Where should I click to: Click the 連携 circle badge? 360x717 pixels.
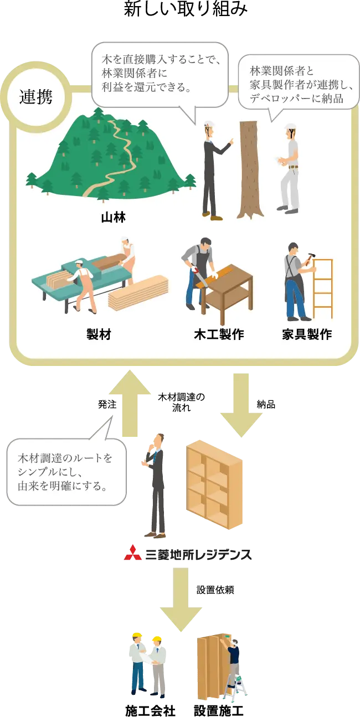click(x=36, y=97)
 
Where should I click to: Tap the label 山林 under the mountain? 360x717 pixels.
click(x=113, y=218)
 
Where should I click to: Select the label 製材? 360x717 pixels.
click(x=99, y=335)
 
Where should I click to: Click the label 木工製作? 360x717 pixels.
click(x=219, y=335)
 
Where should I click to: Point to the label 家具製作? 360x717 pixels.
click(x=307, y=335)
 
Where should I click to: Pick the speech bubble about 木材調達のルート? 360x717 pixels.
click(x=65, y=472)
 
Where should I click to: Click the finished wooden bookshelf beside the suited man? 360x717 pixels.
click(x=215, y=484)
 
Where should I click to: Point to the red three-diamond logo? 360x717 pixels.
click(x=132, y=553)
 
